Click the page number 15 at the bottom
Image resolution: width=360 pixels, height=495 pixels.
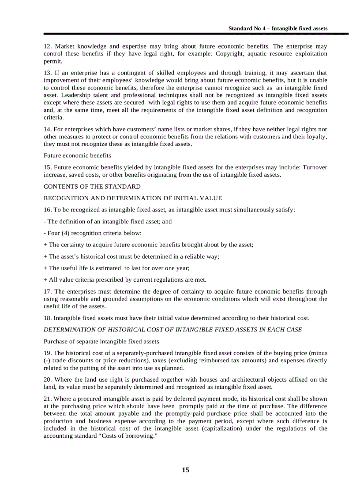click(x=185, y=469)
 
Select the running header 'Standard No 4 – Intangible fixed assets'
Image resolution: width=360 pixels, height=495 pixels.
click(x=277, y=28)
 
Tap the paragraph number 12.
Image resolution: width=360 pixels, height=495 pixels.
click(x=48, y=46)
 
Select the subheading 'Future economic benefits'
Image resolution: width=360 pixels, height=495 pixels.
click(x=77, y=156)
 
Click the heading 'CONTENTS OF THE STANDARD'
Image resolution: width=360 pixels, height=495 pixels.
click(x=92, y=186)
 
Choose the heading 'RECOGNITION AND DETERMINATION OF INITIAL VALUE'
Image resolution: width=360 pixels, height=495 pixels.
click(x=133, y=198)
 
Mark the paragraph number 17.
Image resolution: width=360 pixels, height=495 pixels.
click(x=48, y=291)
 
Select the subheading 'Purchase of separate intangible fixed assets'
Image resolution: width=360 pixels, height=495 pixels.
click(x=101, y=341)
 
